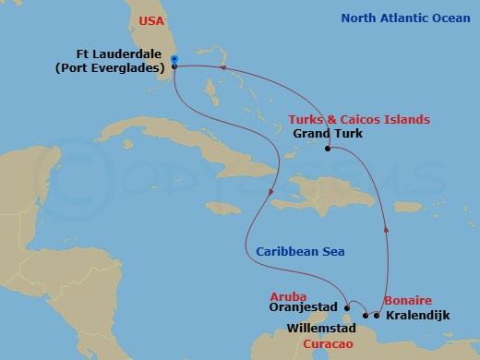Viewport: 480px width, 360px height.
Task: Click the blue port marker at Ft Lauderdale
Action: (174, 61)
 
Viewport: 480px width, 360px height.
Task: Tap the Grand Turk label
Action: (328, 134)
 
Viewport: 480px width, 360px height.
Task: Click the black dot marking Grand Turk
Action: (328, 148)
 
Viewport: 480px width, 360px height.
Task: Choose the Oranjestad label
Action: (303, 307)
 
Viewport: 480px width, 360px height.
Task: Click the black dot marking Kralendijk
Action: (377, 315)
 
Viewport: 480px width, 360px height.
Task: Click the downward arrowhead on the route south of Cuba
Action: (270, 192)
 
